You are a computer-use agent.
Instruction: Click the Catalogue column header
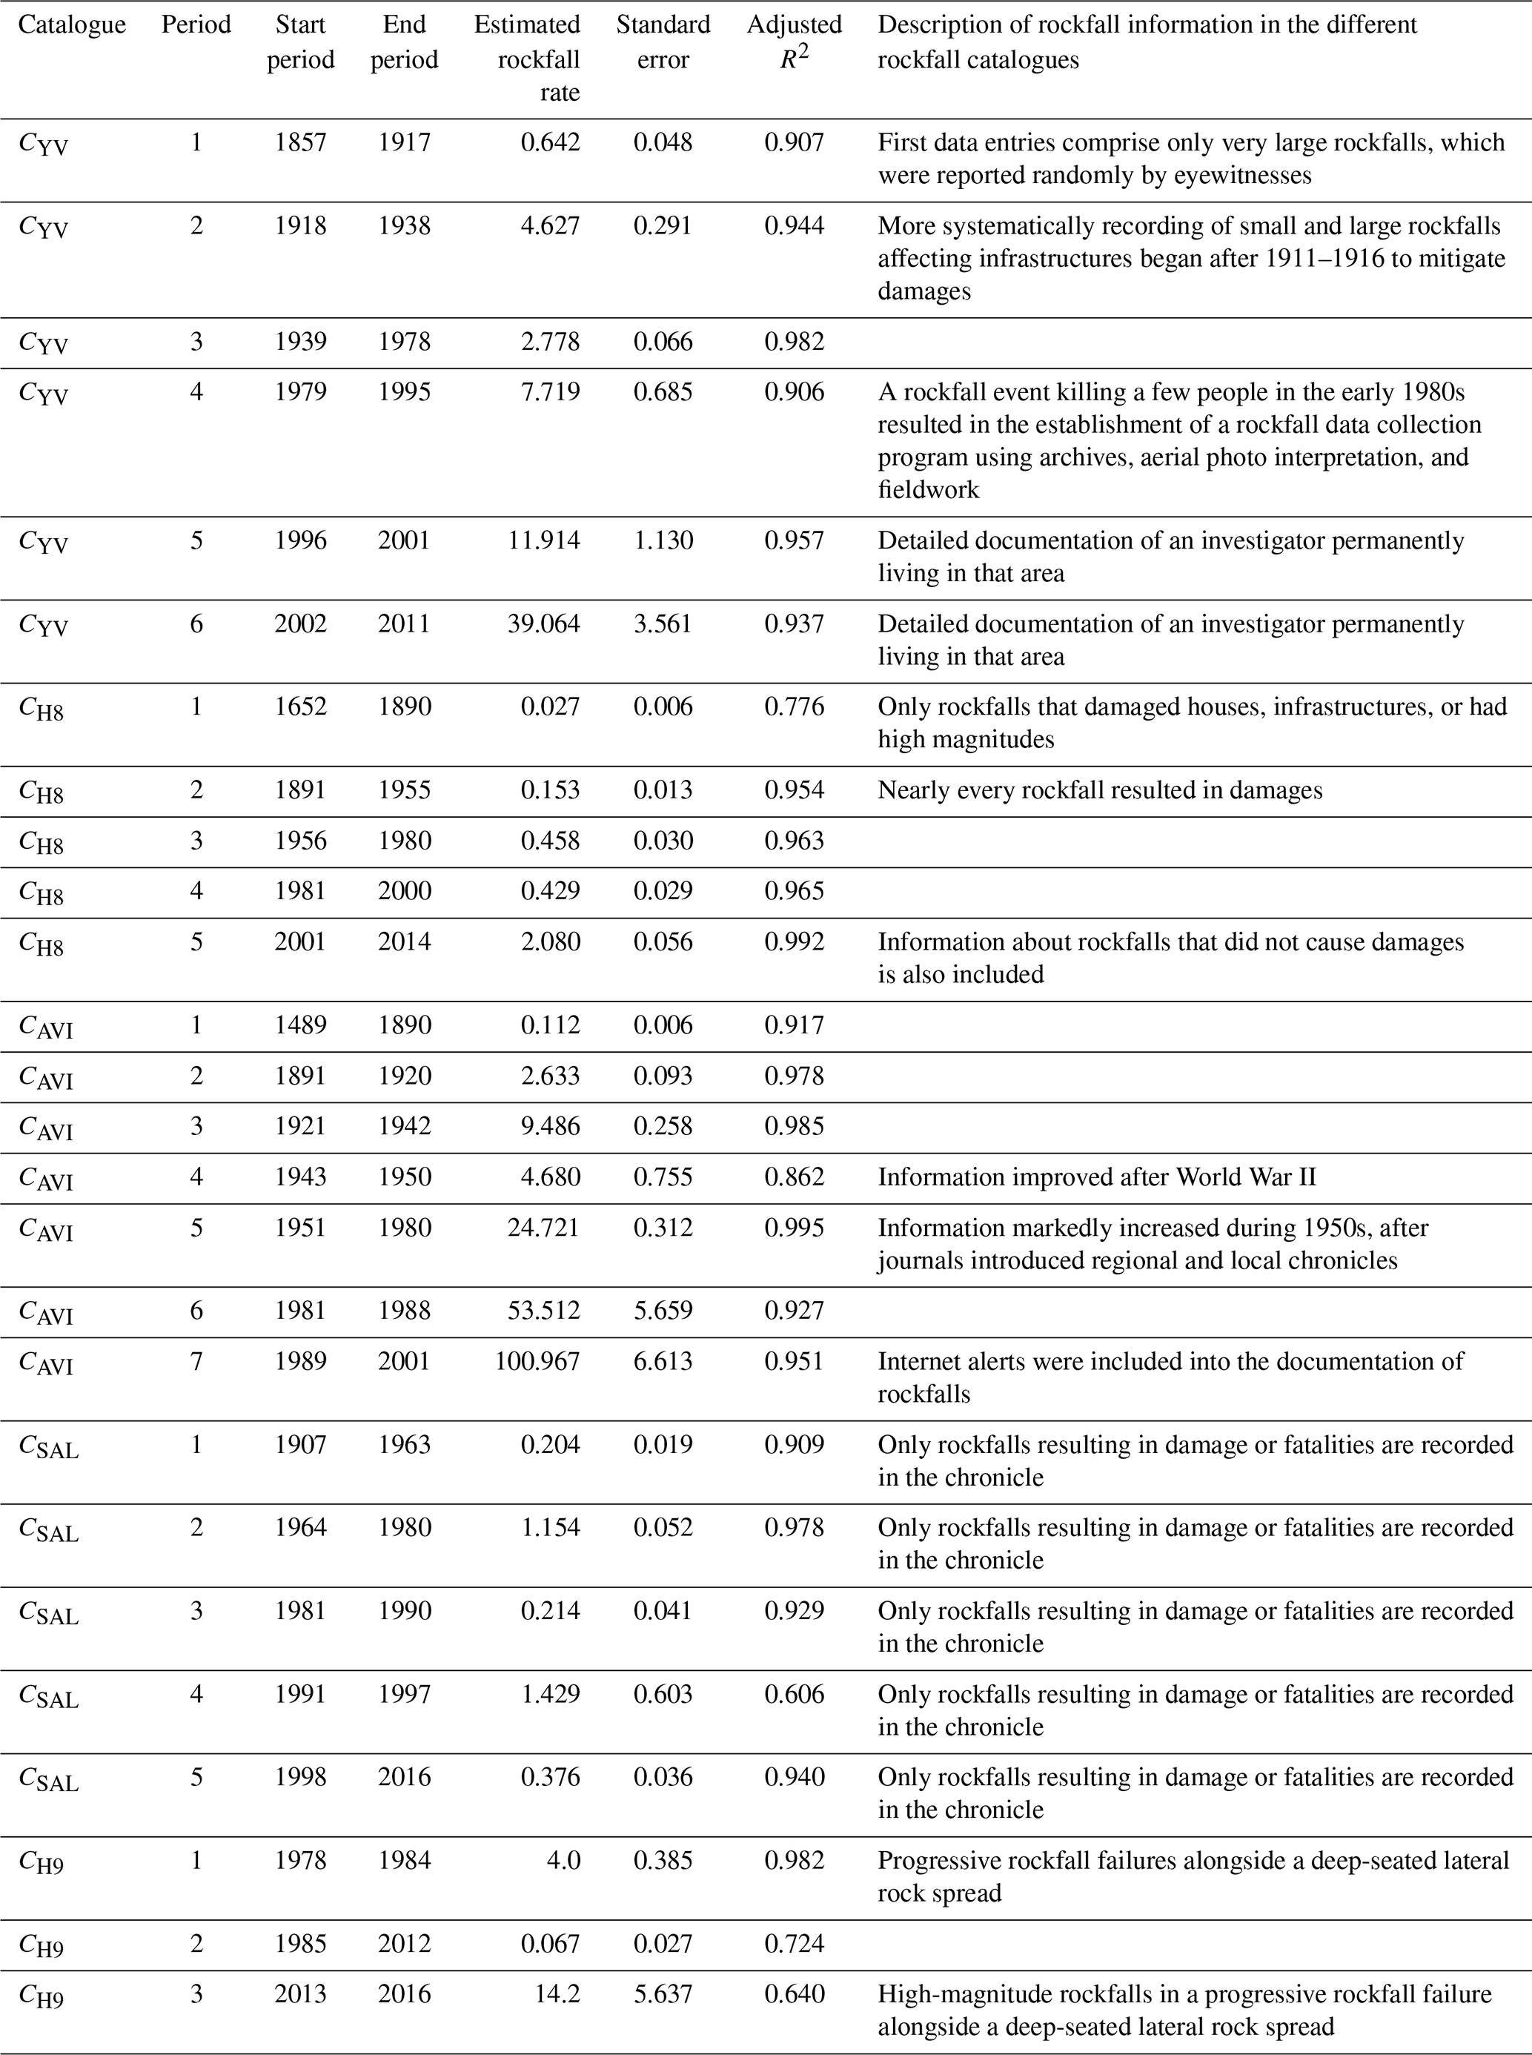point(73,25)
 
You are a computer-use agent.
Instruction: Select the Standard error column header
point(663,42)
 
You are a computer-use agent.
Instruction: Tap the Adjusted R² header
point(794,42)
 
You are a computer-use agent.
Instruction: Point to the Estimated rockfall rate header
point(527,59)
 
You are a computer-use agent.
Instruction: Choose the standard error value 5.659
point(663,1311)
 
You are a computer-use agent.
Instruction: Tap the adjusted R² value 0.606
point(794,1694)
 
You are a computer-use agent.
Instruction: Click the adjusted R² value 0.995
point(794,1228)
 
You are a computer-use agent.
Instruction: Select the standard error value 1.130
point(663,540)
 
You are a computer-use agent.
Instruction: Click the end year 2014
point(405,942)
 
